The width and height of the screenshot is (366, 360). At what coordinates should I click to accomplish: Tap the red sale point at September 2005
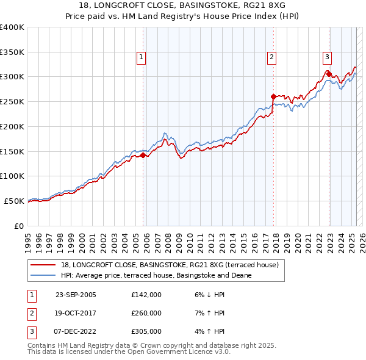pos(143,155)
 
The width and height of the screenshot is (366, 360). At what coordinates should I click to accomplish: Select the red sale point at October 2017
pos(273,96)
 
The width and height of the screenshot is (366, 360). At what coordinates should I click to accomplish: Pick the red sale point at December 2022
pos(329,74)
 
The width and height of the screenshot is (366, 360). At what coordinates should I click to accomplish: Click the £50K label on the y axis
pos(14,201)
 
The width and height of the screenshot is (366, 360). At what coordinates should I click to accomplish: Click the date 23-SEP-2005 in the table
pos(76,295)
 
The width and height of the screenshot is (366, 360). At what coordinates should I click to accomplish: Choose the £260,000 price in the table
pos(146,313)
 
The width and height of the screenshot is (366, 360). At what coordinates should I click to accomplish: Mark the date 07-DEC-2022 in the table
pos(76,331)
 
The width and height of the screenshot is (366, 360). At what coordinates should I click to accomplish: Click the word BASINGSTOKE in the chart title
pos(213,4)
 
